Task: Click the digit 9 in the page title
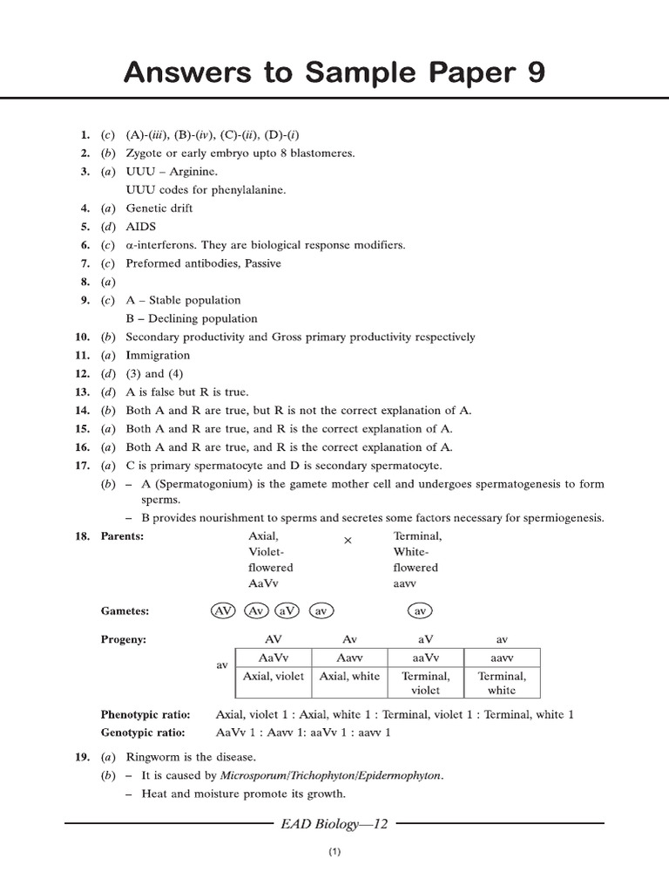[533, 74]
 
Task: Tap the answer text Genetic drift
[159, 208]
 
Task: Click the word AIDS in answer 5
[141, 227]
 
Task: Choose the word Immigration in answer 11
[158, 356]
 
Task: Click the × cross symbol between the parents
[348, 541]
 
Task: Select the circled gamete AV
[224, 611]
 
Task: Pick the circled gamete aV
[287, 611]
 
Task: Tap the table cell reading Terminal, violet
[425, 683]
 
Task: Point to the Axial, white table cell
[349, 676]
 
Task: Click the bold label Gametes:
[125, 611]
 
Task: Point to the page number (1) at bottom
[334, 853]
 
